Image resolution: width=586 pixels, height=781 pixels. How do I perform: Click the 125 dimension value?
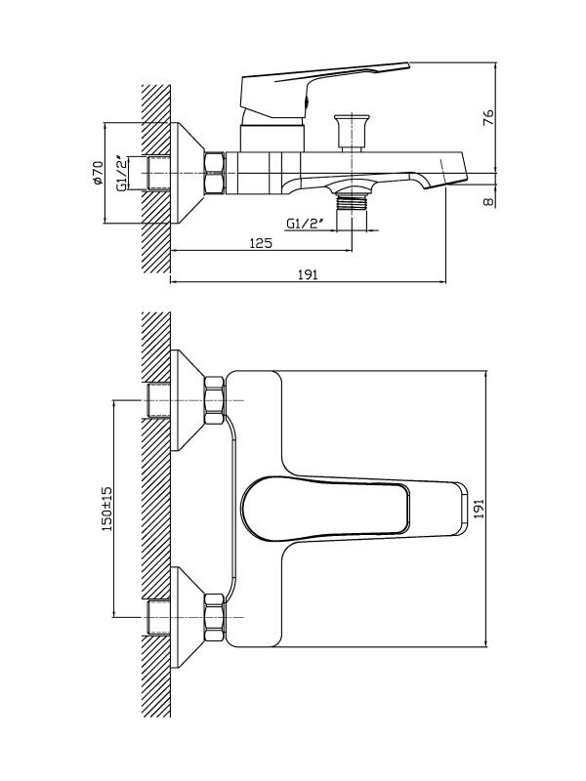point(259,242)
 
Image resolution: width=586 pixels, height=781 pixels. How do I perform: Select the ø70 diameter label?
point(98,174)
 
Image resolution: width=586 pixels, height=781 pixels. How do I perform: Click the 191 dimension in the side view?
point(308,276)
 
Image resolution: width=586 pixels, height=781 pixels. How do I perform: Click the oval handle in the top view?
point(332,507)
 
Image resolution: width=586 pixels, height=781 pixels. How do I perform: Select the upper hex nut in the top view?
point(214,402)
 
